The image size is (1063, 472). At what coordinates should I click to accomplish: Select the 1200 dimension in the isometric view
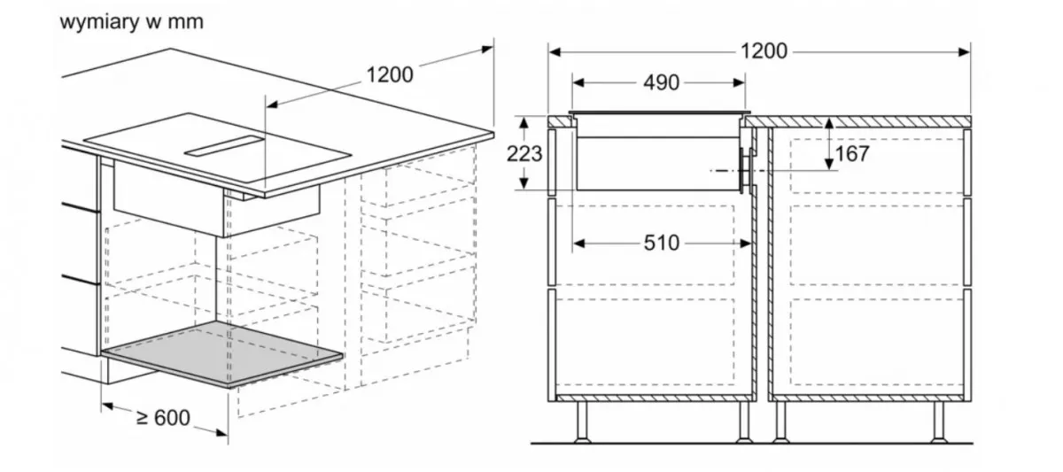[x=390, y=75]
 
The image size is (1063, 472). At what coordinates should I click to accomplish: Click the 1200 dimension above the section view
[x=764, y=51]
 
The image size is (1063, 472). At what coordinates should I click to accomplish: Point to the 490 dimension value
[x=661, y=83]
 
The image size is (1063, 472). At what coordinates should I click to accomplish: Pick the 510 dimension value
[x=662, y=244]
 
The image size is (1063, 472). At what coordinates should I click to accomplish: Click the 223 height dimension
[x=524, y=154]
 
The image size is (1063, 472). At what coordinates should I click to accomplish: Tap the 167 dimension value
[x=852, y=154]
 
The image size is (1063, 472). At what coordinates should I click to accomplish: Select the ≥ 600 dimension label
[x=163, y=418]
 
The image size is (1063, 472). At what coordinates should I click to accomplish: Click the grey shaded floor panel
[x=222, y=353]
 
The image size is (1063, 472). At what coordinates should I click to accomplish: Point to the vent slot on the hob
[x=224, y=146]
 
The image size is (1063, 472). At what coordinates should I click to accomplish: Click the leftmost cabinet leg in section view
[x=582, y=422]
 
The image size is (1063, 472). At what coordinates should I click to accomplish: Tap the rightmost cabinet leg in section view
[x=938, y=422]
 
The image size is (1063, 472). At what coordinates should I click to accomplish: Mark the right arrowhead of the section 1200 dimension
[x=965, y=51]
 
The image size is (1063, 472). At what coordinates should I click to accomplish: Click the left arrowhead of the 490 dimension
[x=578, y=83]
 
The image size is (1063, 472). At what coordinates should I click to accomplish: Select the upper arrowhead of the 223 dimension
[x=524, y=123]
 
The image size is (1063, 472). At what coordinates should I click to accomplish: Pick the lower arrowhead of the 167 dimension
[x=829, y=164]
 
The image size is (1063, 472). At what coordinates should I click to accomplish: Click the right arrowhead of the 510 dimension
[x=746, y=244]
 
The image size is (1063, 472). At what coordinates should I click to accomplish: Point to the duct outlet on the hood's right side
[x=746, y=170]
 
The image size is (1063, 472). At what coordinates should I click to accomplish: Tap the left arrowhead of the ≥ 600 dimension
[x=107, y=406]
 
